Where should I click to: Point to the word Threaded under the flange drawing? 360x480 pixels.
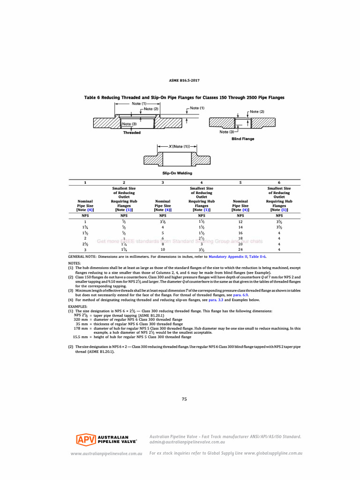click(x=132, y=133)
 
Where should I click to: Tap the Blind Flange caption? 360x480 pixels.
click(x=243, y=139)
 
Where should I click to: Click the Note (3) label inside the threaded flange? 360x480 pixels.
click(x=129, y=124)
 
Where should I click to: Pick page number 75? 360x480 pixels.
click(x=184, y=399)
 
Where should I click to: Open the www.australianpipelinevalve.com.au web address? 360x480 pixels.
click(x=106, y=454)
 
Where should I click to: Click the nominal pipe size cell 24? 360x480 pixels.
click(x=240, y=249)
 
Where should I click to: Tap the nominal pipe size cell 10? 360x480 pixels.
click(x=163, y=249)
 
